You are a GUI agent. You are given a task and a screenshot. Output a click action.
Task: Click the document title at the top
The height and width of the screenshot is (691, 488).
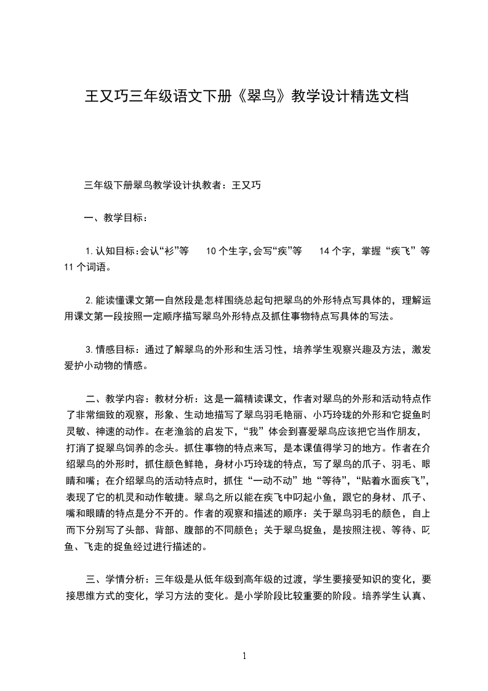246,97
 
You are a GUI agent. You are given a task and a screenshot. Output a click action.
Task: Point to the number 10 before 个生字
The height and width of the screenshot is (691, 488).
211,251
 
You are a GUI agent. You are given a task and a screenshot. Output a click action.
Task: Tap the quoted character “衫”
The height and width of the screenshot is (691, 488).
166,251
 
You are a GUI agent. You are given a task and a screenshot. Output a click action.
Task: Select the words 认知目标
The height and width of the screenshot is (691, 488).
114,251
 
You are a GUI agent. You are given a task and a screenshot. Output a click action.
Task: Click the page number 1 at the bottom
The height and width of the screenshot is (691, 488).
244,656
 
